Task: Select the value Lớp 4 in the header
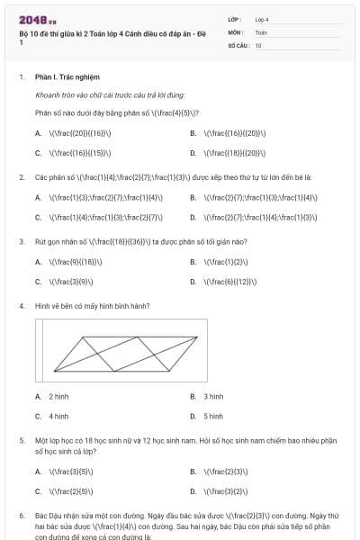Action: (262, 19)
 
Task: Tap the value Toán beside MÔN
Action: (261, 32)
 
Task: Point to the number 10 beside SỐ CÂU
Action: (258, 45)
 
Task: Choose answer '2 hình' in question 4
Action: (58, 396)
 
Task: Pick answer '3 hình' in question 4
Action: (213, 396)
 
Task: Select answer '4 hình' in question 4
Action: (58, 416)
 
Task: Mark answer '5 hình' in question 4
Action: (213, 416)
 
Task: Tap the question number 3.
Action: (22, 241)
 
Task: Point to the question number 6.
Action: (22, 516)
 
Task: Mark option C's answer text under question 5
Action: (72, 491)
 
